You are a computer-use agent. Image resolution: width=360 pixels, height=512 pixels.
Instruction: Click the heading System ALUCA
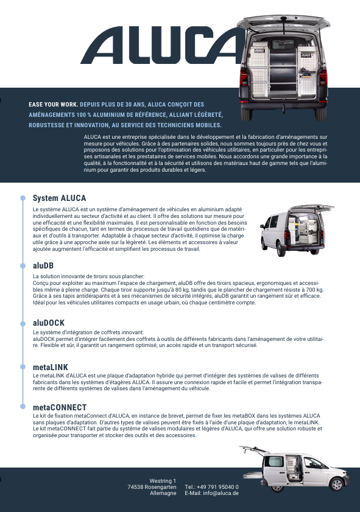59,198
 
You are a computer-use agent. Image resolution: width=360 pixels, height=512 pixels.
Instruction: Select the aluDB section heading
43,266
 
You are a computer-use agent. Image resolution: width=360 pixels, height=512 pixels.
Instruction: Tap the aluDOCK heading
49,323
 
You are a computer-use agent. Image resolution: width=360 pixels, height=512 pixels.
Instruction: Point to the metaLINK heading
51,367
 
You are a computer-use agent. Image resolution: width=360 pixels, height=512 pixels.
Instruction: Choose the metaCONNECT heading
60,407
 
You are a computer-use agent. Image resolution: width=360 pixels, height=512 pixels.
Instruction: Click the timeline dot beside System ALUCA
23,198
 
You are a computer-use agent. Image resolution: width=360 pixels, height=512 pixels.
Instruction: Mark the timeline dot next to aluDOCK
23,324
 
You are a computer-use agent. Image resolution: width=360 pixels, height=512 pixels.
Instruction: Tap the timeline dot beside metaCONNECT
23,407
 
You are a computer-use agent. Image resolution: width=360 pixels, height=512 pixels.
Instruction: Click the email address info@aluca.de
221,493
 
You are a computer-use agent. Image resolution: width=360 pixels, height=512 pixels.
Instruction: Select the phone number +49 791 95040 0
217,487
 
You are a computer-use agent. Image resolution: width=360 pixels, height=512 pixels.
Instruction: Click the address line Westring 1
163,481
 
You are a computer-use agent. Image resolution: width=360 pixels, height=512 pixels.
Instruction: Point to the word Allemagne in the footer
163,493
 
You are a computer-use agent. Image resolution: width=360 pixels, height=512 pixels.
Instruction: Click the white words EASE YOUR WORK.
53,105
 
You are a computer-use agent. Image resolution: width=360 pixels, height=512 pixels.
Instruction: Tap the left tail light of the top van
244,79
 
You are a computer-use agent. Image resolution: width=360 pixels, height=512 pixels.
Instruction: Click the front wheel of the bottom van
337,484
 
